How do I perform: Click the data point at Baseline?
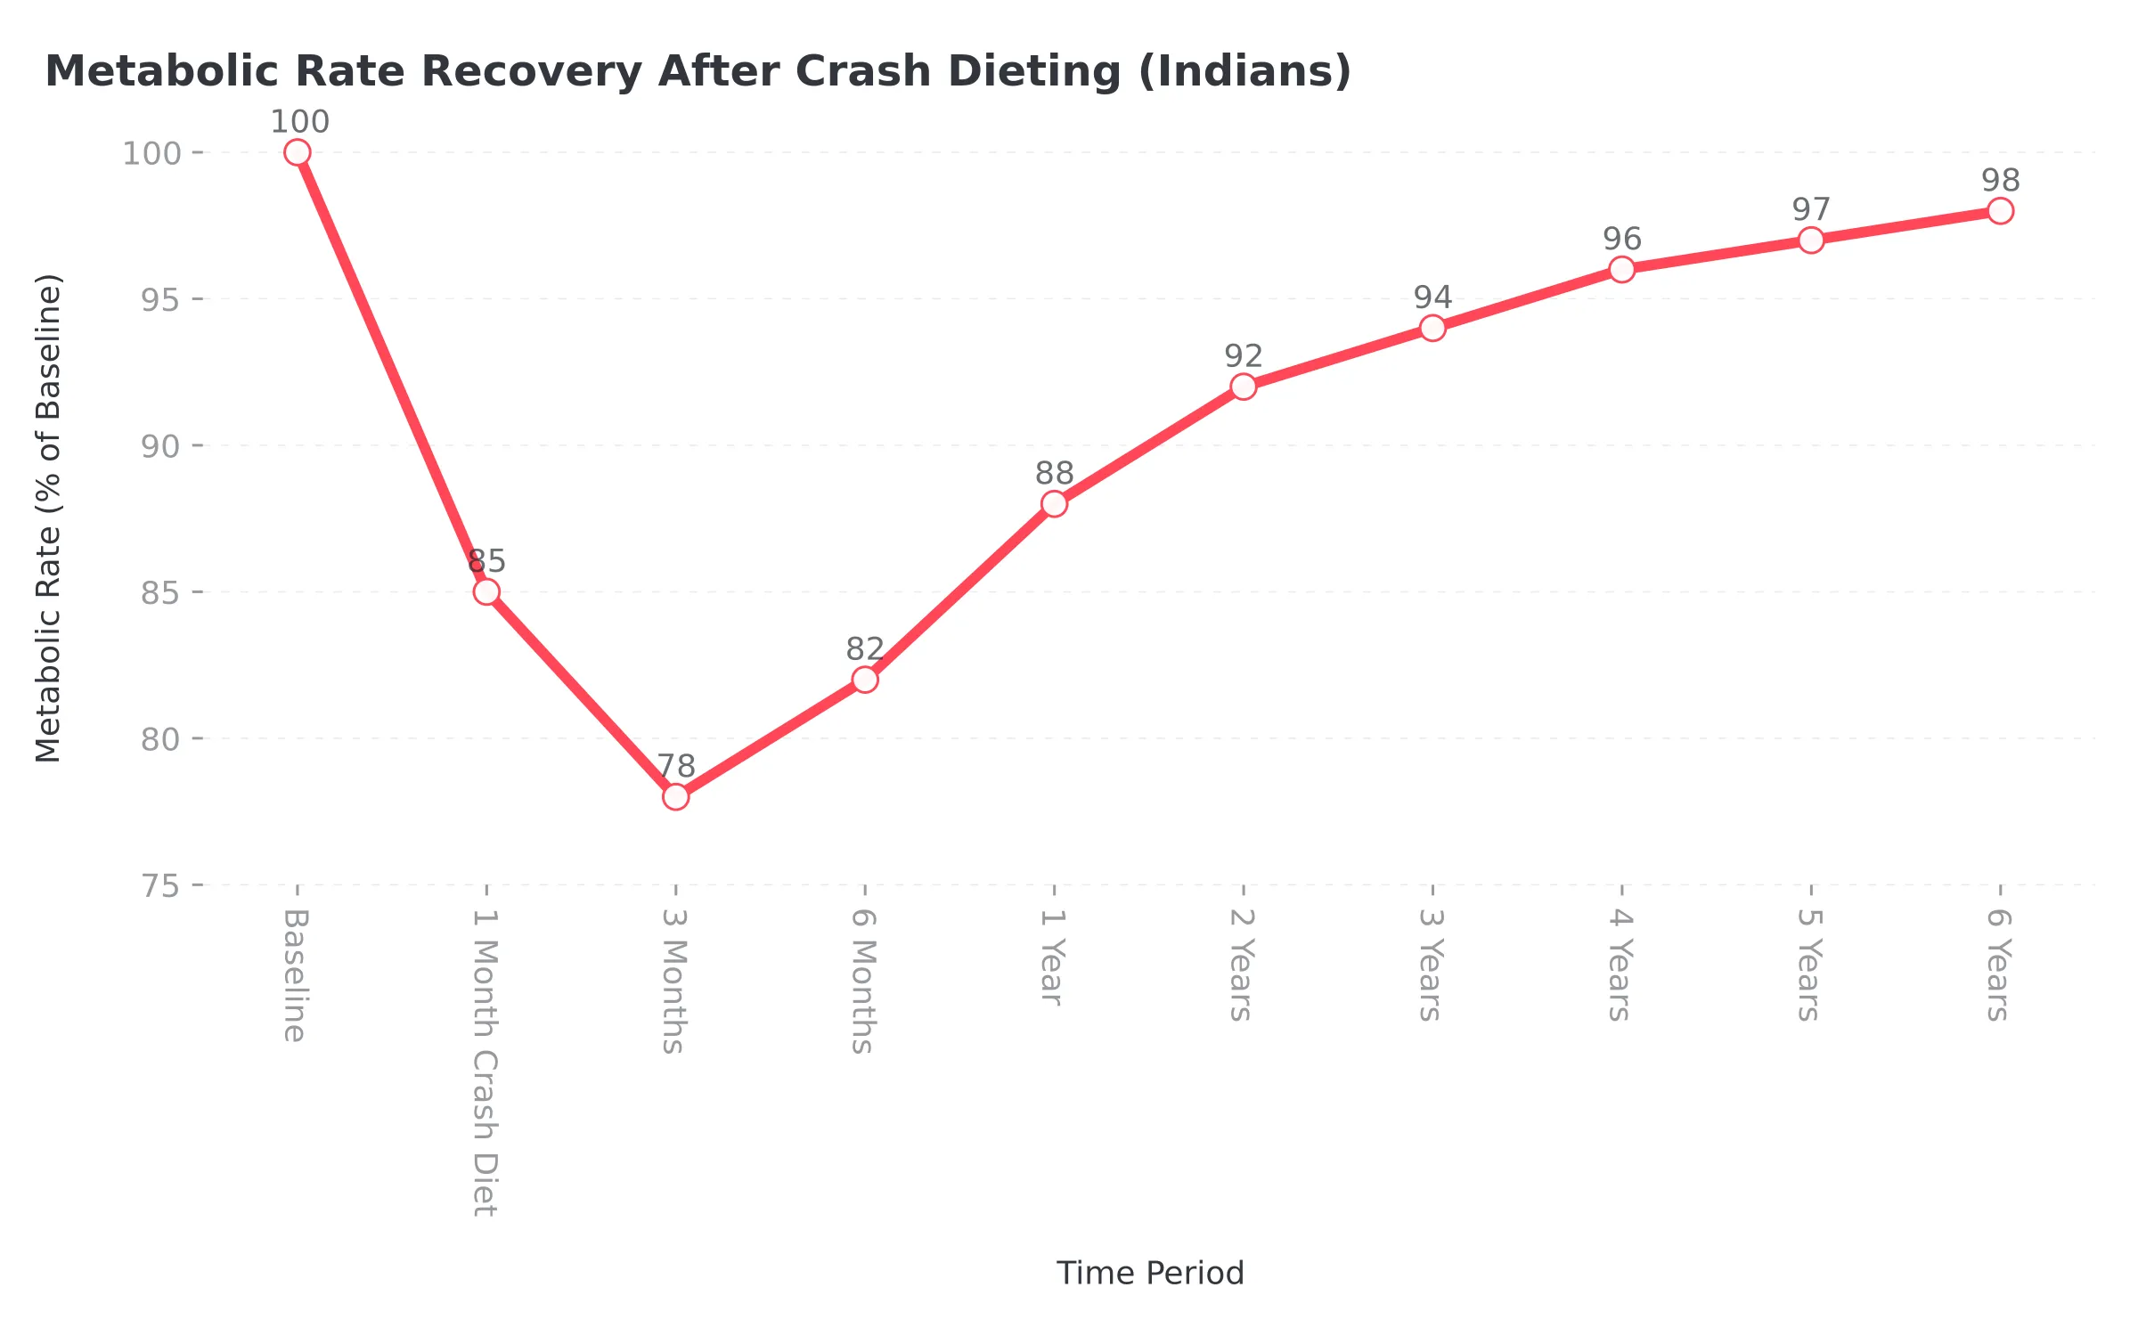coord(298,152)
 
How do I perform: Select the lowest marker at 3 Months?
coord(676,796)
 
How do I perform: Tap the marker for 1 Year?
coord(1054,504)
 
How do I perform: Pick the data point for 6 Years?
coord(2000,211)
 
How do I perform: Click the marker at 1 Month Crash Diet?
coord(486,591)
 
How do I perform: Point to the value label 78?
coord(676,766)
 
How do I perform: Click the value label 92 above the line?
coord(1244,356)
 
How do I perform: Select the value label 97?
coord(1811,209)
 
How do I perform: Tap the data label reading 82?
coord(865,648)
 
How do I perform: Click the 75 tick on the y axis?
coord(160,886)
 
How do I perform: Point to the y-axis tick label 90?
coord(160,446)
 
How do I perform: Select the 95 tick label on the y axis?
coord(160,300)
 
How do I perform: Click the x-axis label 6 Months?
coord(863,982)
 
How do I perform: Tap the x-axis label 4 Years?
coord(1620,965)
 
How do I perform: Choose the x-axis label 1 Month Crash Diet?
coord(486,1063)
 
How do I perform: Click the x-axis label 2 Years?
coord(1242,965)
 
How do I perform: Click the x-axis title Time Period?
coord(1149,1273)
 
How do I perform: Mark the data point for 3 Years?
coord(1432,328)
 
